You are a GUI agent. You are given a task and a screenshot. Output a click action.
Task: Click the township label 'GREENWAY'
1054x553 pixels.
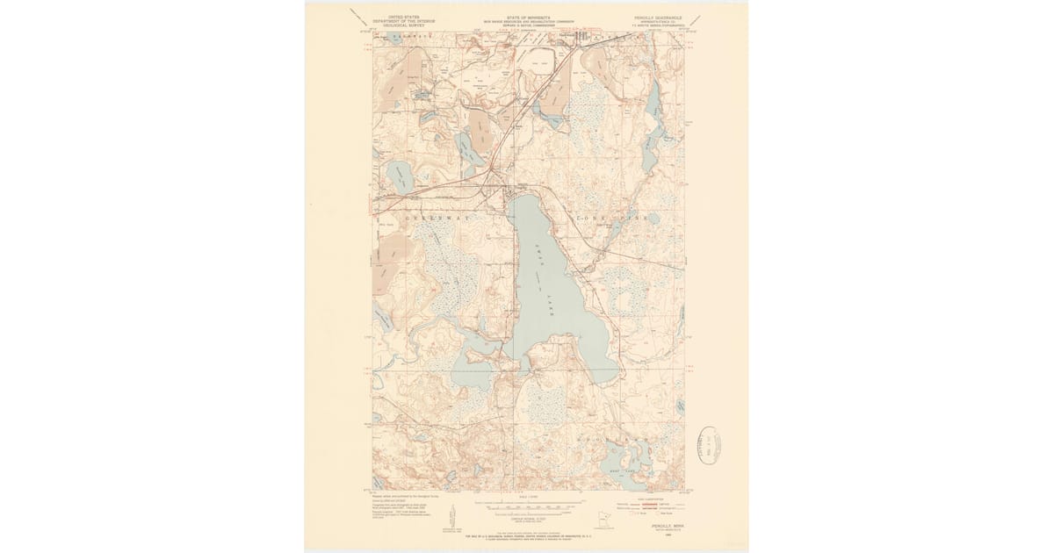[x=437, y=215]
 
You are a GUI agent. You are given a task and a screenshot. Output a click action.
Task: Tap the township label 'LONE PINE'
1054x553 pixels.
[x=610, y=216]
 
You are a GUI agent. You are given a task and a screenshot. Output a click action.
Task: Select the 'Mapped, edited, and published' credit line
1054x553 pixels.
[x=404, y=496]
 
